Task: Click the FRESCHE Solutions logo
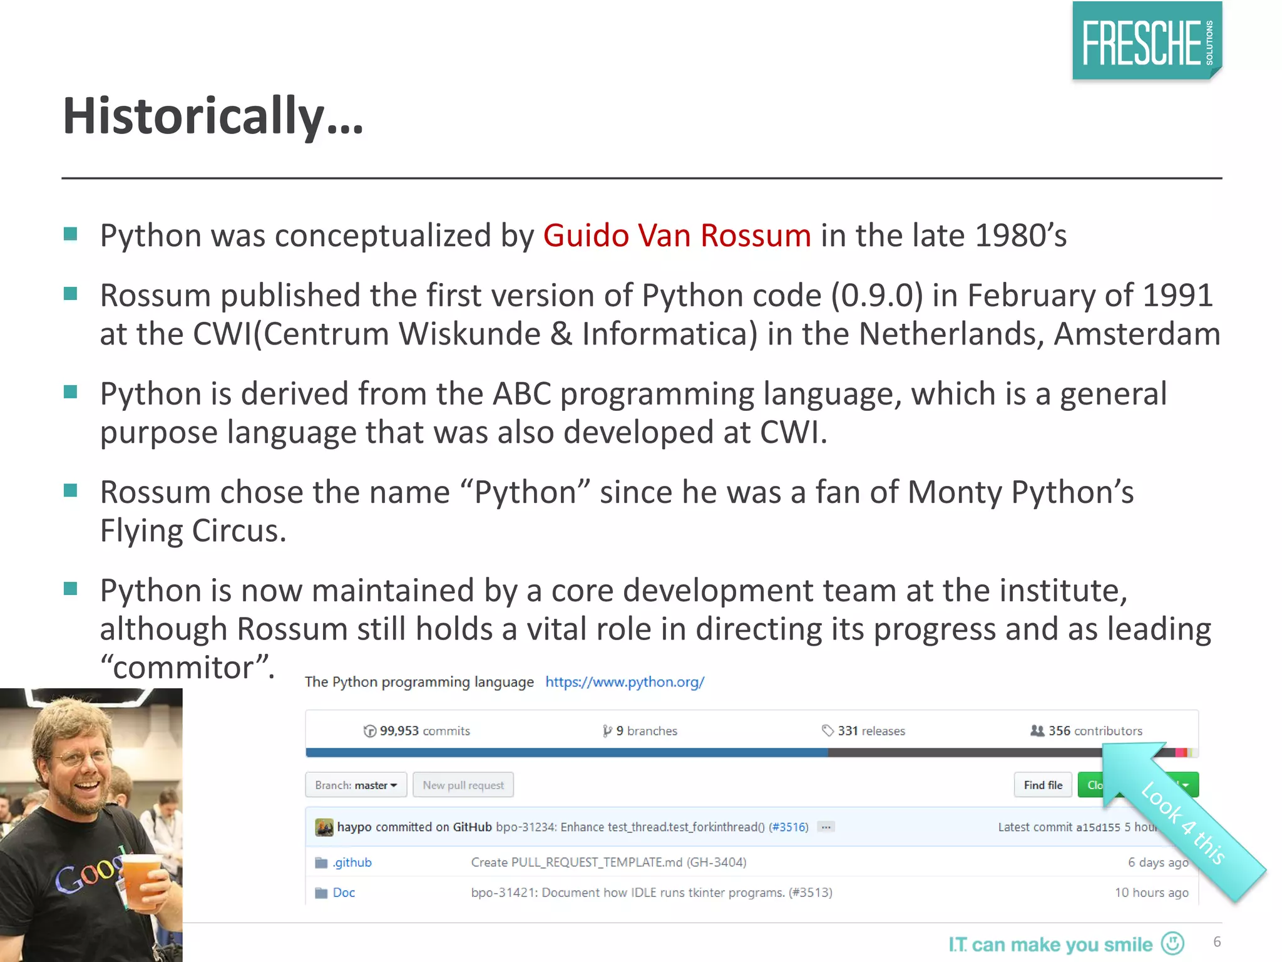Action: click(x=1147, y=41)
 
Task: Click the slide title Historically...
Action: click(x=213, y=116)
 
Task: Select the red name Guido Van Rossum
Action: click(x=677, y=236)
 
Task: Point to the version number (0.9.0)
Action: click(x=876, y=296)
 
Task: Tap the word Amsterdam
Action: click(x=1137, y=334)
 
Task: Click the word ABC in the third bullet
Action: click(x=521, y=395)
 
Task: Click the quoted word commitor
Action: click(x=187, y=668)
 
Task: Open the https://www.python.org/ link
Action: click(x=625, y=682)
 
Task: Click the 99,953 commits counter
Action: click(x=417, y=731)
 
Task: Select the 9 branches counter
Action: click(x=640, y=731)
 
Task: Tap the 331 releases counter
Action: click(x=864, y=731)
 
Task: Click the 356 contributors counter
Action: click(x=1087, y=731)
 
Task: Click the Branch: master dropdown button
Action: click(x=356, y=785)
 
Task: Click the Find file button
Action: click(x=1043, y=785)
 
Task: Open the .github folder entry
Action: click(x=352, y=863)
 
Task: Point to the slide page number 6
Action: click(x=1217, y=942)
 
